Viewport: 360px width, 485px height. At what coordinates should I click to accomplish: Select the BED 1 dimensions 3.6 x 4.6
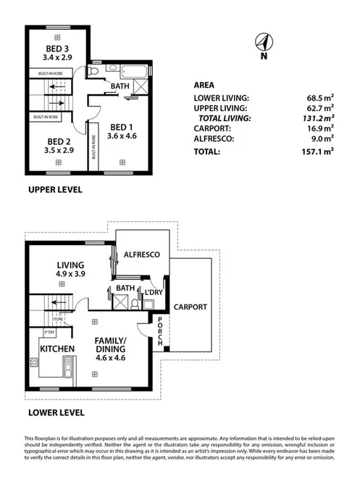[x=122, y=135]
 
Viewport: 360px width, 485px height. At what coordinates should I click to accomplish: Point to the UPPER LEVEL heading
[x=54, y=190]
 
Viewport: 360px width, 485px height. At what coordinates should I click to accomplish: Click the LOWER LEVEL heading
[x=56, y=413]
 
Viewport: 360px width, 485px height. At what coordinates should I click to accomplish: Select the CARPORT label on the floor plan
[x=191, y=307]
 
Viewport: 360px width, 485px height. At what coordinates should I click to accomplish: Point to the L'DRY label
[x=152, y=292]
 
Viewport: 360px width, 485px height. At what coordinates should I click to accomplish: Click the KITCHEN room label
[x=58, y=349]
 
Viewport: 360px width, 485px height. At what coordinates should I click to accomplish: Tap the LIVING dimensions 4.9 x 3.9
[x=72, y=275]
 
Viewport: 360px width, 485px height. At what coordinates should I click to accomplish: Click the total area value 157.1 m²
[x=319, y=152]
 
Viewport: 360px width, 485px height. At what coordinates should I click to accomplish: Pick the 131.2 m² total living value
[x=319, y=117]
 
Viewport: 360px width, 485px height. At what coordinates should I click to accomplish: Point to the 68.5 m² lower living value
[x=319, y=96]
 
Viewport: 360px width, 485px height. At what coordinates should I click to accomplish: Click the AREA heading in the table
[x=204, y=84]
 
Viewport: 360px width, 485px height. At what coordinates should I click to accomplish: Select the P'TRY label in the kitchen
[x=50, y=333]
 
